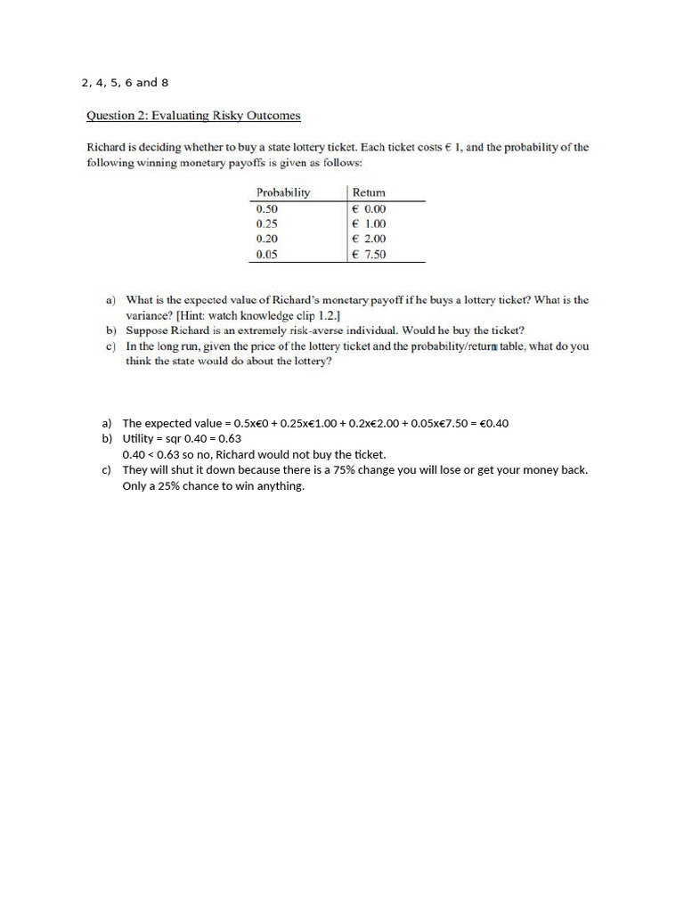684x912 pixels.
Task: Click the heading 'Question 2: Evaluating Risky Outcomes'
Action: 192,116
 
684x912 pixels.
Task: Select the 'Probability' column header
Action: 282,192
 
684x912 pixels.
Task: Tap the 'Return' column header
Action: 369,192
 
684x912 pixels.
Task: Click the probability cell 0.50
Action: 266,209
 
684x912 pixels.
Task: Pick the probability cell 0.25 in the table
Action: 266,224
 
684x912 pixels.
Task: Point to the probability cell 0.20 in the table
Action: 266,239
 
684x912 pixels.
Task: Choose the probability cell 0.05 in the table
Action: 266,254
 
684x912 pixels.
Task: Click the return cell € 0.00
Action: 370,209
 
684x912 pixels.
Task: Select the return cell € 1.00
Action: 370,224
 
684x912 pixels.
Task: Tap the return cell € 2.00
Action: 370,239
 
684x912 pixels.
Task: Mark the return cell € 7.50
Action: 370,254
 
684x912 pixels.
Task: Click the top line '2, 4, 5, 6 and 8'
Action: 125,83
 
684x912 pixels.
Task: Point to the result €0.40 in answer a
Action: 493,424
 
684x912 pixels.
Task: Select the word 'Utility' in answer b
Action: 139,439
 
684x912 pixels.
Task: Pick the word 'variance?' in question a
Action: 151,315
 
